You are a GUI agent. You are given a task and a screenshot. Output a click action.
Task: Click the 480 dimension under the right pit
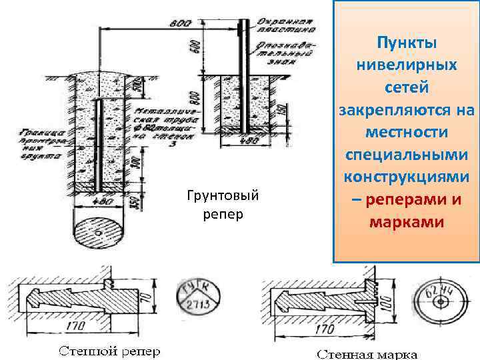247,141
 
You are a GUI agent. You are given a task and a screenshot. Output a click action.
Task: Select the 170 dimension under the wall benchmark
75,327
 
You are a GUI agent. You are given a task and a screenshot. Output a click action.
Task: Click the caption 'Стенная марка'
367,353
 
